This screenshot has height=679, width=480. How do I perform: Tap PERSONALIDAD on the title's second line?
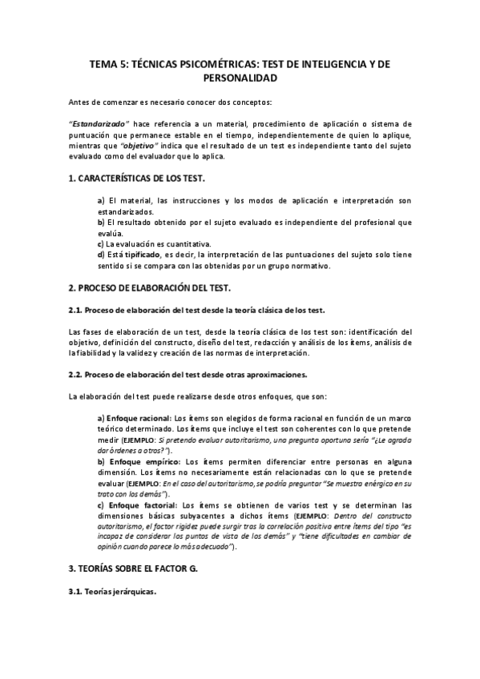tap(240, 78)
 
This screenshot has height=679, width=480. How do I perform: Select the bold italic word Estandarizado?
tap(95, 124)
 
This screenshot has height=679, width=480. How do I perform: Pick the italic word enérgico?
tap(381, 485)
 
